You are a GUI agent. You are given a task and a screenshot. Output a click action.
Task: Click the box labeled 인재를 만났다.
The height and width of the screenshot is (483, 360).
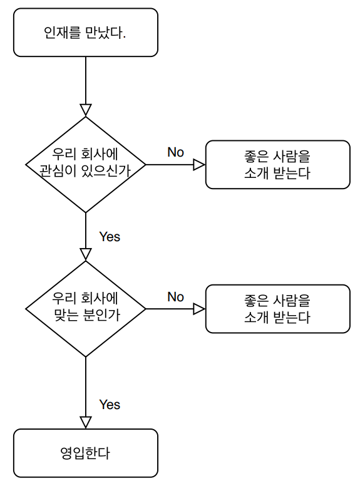point(86,33)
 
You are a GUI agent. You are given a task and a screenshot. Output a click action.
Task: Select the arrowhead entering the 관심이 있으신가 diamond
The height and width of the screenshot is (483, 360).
point(86,110)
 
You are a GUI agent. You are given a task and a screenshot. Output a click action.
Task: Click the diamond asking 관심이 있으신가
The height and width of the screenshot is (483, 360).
point(86,165)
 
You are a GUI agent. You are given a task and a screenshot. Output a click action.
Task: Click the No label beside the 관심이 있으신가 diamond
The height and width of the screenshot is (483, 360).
point(175,152)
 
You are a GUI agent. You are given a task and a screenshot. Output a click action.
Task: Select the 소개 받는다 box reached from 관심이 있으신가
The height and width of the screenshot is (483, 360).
point(278,165)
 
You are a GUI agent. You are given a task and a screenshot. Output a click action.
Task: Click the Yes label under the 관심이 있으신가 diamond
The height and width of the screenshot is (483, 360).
point(110,237)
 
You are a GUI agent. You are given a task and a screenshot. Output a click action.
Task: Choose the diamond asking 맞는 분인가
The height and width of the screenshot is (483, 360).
point(86,309)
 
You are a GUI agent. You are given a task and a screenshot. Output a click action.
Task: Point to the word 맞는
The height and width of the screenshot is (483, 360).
point(66,315)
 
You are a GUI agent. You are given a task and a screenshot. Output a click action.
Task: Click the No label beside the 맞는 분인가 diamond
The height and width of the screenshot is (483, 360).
point(175,297)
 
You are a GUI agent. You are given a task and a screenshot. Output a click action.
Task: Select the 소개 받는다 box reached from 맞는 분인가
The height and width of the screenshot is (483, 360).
point(278,309)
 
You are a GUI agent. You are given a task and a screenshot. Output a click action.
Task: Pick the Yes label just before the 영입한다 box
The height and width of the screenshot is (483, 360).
point(110,405)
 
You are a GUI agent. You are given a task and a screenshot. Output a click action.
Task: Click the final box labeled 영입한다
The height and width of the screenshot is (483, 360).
point(86,453)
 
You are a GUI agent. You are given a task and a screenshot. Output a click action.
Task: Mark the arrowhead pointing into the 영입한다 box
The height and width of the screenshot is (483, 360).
point(86,423)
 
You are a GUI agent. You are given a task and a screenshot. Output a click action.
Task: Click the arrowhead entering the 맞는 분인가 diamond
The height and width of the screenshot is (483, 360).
point(86,254)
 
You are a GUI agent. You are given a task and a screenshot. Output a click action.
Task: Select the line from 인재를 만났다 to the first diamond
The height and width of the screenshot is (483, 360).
point(86,86)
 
